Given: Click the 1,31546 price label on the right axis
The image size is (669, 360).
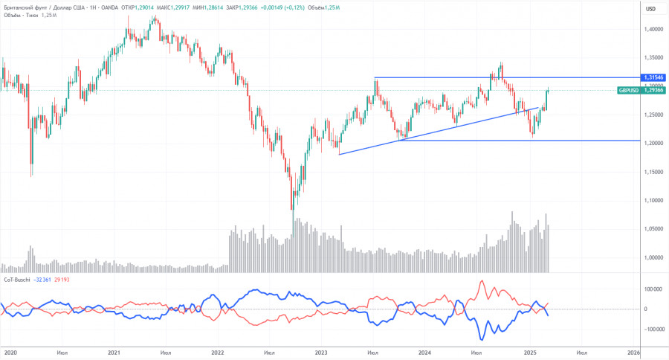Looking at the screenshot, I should (x=654, y=77).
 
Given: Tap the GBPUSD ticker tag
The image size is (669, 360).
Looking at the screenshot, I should (x=628, y=90).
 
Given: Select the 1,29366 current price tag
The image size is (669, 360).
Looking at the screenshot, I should (x=654, y=90).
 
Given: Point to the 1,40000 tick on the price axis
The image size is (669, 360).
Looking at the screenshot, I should (x=654, y=29).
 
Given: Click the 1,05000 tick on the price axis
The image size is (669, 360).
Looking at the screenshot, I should (x=654, y=229).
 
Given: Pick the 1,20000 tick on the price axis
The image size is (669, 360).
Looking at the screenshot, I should (x=654, y=144).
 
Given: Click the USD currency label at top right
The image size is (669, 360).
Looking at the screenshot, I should (x=651, y=9).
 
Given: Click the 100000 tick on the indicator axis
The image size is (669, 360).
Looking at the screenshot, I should (x=653, y=289).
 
